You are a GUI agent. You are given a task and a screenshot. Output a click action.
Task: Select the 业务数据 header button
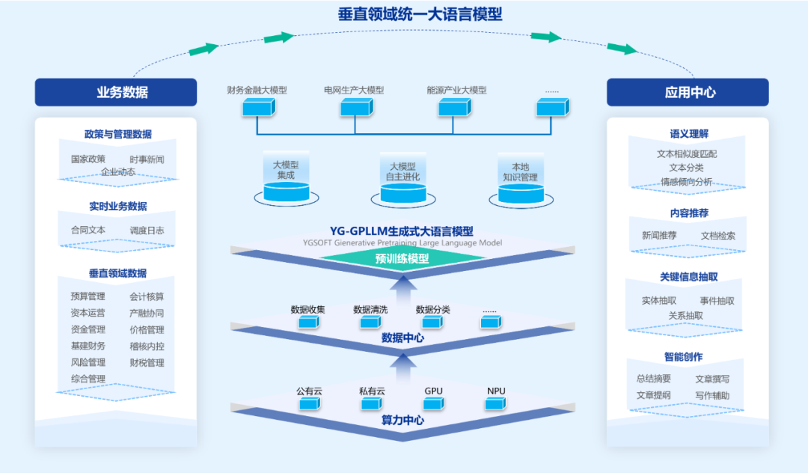tap(116, 92)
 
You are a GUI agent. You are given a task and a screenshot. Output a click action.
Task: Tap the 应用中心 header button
tap(688, 92)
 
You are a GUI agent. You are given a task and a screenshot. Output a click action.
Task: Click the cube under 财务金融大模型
tap(258, 108)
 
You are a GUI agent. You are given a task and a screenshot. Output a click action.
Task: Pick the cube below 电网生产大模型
tap(355, 108)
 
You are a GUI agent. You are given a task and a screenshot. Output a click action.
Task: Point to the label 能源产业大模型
tap(456, 90)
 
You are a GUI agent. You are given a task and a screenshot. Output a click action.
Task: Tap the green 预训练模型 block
tap(402, 259)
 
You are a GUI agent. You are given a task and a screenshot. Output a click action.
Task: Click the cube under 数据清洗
tap(370, 322)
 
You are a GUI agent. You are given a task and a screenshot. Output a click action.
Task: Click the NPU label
tap(496, 391)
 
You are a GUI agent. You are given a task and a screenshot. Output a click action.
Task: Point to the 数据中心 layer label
tap(403, 338)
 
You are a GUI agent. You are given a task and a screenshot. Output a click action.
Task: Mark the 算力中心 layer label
tap(403, 420)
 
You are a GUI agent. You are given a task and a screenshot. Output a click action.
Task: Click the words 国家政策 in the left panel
tap(88, 159)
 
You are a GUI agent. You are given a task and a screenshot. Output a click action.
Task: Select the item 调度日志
tap(147, 231)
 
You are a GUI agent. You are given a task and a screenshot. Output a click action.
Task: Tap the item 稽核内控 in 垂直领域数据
tap(147, 346)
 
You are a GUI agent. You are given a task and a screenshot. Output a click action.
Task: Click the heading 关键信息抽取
tap(688, 277)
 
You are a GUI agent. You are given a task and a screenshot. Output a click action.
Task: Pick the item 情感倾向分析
tap(686, 182)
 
